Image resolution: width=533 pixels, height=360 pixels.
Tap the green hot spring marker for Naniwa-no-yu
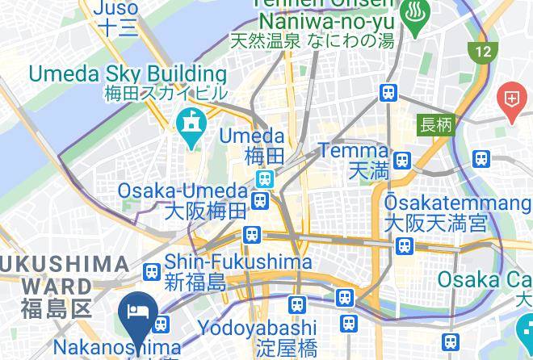(x=416, y=20)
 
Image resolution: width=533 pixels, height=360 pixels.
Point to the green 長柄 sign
(x=436, y=125)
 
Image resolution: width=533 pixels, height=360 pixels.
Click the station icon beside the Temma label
(x=402, y=159)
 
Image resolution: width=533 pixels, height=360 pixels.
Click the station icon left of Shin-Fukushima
(x=150, y=271)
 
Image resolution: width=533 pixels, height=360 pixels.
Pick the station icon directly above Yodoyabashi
(x=296, y=304)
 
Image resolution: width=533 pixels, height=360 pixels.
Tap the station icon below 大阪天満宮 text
(x=404, y=245)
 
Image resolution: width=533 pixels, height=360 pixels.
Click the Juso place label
(x=117, y=8)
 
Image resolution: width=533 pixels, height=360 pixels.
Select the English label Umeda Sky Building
(x=128, y=74)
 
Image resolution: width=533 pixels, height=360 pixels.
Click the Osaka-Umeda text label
(x=183, y=191)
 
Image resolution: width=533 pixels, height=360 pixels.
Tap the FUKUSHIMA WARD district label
(x=65, y=275)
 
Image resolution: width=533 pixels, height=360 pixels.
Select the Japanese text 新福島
(x=195, y=283)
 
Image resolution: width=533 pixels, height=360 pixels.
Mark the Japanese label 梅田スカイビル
(x=166, y=94)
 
